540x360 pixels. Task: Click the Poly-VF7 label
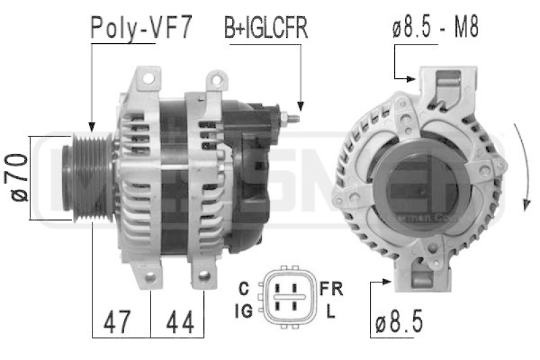[141, 28]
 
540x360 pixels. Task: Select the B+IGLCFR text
[266, 28]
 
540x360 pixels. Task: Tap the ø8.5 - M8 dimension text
[435, 28]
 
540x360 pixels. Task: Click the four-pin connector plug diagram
[288, 299]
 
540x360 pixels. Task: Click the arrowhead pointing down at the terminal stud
[300, 105]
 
